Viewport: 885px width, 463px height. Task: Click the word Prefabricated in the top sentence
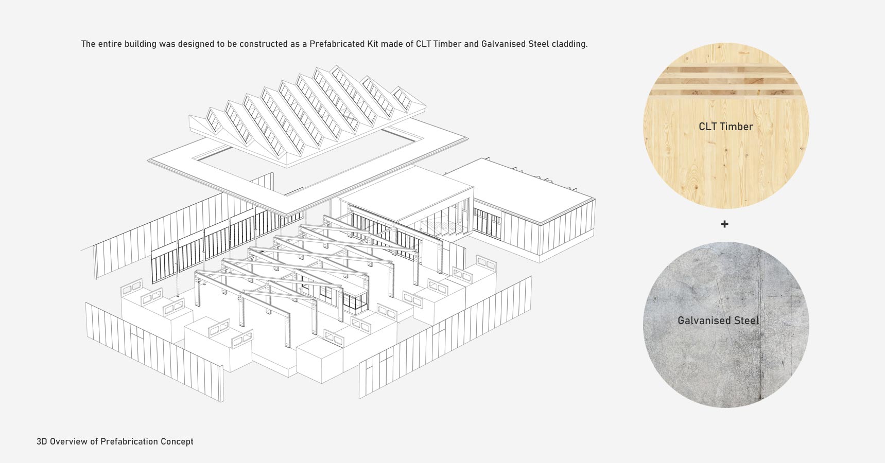(x=337, y=44)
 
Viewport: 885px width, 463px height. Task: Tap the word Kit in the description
(x=373, y=44)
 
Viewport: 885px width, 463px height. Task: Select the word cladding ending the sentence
(x=569, y=44)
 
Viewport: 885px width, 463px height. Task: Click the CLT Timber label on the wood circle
(x=726, y=127)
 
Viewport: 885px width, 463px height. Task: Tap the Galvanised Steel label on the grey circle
(x=718, y=320)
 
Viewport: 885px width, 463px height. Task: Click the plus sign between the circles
(x=724, y=224)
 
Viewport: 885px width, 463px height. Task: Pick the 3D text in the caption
(x=42, y=441)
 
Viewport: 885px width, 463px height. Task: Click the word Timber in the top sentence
(x=447, y=44)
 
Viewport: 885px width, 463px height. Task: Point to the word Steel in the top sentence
(x=539, y=44)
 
